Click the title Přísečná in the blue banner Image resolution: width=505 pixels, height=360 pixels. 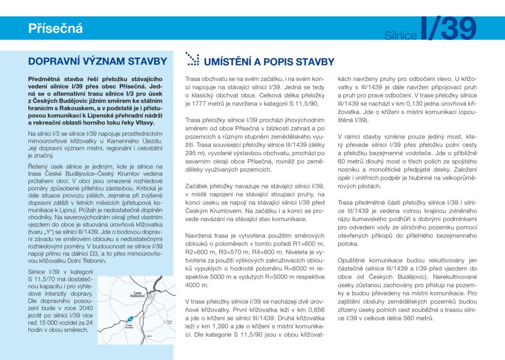point(55,28)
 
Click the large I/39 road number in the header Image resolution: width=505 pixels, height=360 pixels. point(448,29)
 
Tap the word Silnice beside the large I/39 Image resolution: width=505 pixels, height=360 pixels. point(400,35)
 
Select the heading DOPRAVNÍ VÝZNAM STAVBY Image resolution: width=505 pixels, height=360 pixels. point(97,62)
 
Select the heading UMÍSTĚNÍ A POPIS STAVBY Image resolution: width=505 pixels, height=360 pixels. point(269,62)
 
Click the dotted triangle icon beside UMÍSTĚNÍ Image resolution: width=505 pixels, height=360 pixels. point(192,59)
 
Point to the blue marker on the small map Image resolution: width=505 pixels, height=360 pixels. point(130,319)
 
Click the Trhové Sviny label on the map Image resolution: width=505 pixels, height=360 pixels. point(170,321)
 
